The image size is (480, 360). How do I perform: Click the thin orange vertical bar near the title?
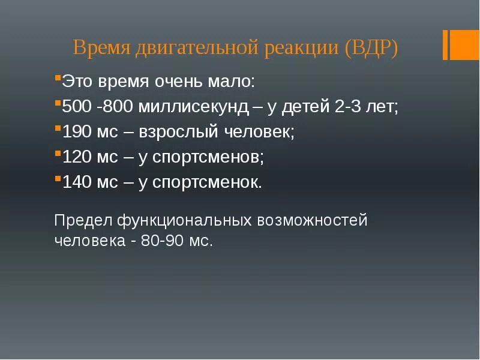click(446, 45)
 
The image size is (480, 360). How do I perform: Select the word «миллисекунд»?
click(193, 107)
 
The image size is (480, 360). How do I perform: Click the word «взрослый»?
click(178, 132)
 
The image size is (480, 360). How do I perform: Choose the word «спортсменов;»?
click(209, 157)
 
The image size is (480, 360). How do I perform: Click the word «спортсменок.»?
click(208, 182)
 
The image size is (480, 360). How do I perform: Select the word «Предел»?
click(83, 220)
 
